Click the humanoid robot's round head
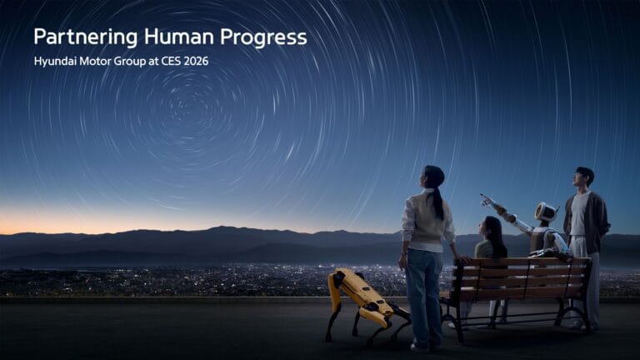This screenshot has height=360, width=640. pos(545,212)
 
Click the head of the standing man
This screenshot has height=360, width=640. pos(583,177)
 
